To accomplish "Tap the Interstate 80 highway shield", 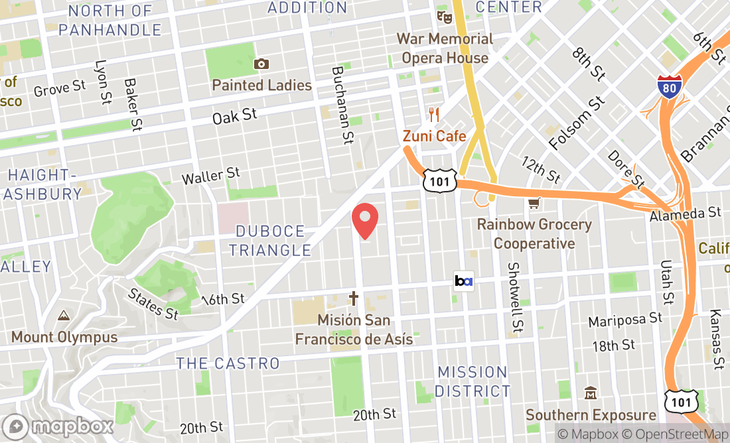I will pos(670,88).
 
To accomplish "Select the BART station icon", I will pos(463,281).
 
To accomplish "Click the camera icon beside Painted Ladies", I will pos(261,64).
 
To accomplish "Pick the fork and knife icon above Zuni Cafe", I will pos(435,114).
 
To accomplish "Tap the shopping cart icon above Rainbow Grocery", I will pos(534,203).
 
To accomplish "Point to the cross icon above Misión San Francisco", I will pos(354,298).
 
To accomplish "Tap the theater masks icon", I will pos(443,15).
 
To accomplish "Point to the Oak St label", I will pos(234,117).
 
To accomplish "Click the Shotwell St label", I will pos(515,296).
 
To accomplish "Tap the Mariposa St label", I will pos(625,320).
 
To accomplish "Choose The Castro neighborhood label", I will pos(228,363).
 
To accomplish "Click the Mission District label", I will pos(473,381).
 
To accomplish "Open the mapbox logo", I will pos(58,426).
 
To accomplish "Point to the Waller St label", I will pos(210,176).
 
